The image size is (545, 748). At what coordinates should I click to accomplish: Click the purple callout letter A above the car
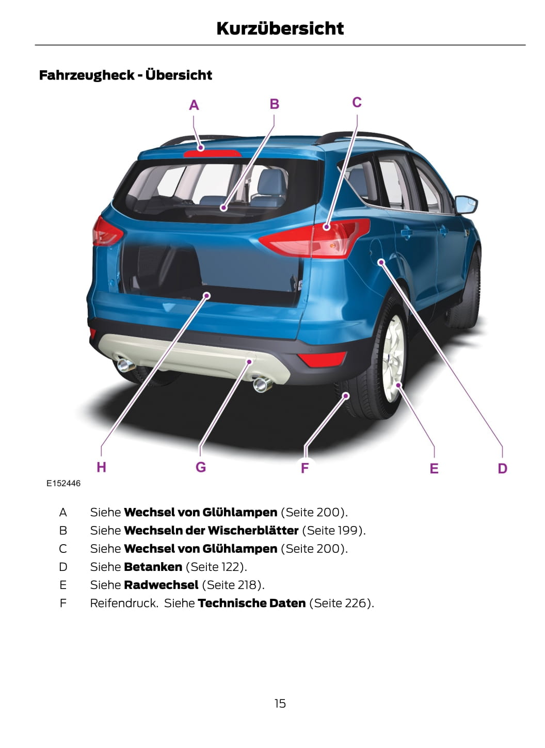[x=194, y=105]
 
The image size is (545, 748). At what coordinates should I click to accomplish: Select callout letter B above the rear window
[x=274, y=104]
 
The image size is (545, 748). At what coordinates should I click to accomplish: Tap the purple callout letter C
[x=357, y=102]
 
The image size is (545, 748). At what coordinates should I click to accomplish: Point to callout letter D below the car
[x=502, y=469]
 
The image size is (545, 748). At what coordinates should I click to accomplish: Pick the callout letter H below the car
[x=101, y=467]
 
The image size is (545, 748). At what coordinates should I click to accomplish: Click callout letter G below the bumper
[x=200, y=467]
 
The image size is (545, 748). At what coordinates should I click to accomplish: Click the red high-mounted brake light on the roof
[x=213, y=154]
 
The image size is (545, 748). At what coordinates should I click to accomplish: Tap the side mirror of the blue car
[x=466, y=204]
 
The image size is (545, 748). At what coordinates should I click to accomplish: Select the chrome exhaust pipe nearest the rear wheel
[x=263, y=384]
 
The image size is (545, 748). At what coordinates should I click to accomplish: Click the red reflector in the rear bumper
[x=321, y=359]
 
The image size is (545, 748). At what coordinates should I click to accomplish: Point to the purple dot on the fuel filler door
[x=381, y=262]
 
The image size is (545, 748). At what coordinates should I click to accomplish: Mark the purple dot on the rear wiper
[x=223, y=208]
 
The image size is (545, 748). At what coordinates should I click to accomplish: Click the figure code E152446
[x=63, y=483]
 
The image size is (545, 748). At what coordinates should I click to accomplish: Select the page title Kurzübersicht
[x=280, y=28]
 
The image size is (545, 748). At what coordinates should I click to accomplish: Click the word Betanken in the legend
[x=153, y=567]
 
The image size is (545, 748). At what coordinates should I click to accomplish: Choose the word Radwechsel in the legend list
[x=161, y=585]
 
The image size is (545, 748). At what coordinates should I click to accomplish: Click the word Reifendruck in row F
[x=124, y=603]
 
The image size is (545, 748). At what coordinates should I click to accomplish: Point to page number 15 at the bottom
[x=280, y=703]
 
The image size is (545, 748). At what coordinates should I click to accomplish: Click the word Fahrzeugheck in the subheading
[x=87, y=75]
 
